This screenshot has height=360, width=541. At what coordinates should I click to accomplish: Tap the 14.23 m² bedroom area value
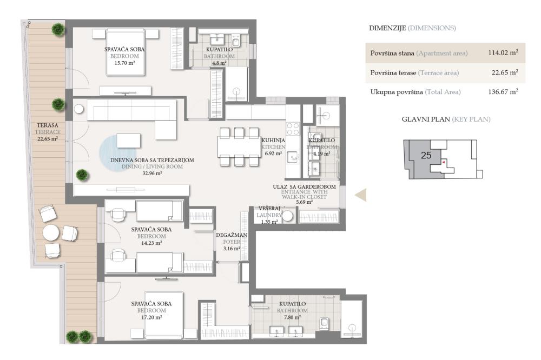click(x=151, y=243)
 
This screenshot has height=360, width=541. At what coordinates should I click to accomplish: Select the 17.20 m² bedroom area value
click(x=151, y=318)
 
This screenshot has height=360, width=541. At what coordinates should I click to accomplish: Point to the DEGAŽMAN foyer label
click(x=232, y=235)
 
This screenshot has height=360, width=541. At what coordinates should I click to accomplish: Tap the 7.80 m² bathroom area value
click(x=292, y=318)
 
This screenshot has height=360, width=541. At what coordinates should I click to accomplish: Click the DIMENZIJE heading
click(x=387, y=28)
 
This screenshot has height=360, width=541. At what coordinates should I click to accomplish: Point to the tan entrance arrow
click(x=361, y=195)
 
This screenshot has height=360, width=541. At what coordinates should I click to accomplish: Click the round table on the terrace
click(x=52, y=233)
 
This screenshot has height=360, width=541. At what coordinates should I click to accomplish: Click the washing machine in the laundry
click(x=288, y=216)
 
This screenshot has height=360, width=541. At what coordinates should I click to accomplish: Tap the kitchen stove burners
click(x=292, y=129)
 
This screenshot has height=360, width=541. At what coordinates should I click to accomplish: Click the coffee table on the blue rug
click(x=129, y=141)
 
